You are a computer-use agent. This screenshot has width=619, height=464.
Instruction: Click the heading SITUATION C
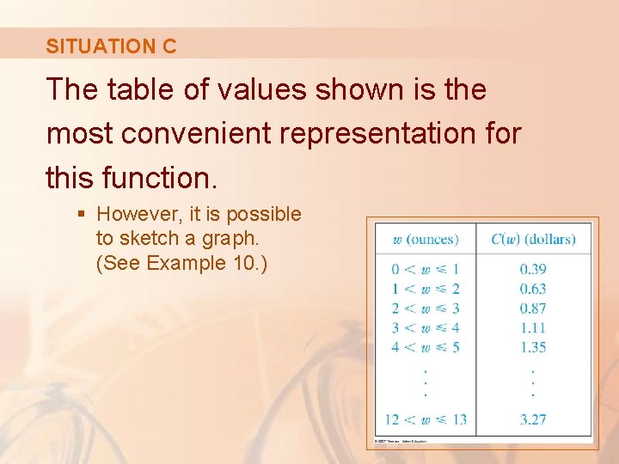111,46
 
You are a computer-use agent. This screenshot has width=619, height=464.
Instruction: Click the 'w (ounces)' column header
425,238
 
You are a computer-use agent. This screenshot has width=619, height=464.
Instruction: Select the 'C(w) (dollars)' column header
533,238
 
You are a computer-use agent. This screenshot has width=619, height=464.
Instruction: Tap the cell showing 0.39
533,269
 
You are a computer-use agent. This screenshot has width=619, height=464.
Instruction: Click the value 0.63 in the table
533,289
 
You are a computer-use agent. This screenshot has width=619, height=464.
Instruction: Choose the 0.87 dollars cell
533,308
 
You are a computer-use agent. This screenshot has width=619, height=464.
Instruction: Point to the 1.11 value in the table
533,327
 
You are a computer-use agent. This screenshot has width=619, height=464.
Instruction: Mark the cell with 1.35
533,347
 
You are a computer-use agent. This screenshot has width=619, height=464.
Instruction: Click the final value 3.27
533,419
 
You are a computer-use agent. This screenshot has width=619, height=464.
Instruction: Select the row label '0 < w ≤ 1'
425,269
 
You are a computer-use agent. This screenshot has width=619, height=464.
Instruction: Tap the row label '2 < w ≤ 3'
425,308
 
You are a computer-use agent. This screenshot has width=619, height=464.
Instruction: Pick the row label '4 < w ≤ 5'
425,347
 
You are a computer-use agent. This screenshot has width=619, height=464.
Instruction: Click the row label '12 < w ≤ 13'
425,419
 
